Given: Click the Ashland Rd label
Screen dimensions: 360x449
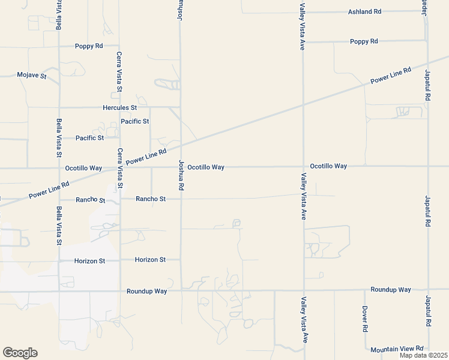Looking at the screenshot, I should pyautogui.click(x=365, y=11).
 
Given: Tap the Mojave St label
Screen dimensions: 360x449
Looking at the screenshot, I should pyautogui.click(x=32, y=76).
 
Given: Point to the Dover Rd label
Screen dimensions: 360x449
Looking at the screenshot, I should pyautogui.click(x=364, y=320).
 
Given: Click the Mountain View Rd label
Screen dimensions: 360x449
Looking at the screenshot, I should pyautogui.click(x=397, y=349).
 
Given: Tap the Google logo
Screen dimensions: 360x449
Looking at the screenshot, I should pyautogui.click(x=20, y=353).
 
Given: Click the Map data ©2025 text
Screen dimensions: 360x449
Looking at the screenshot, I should pyautogui.click(x=423, y=355).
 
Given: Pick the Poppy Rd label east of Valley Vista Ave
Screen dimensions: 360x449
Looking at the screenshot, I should pyautogui.click(x=364, y=41).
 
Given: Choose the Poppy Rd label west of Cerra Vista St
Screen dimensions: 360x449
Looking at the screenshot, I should pyautogui.click(x=89, y=46).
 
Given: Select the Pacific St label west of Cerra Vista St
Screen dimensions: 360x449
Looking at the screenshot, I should pyautogui.click(x=89, y=138).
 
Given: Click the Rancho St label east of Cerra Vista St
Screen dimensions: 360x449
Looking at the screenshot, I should pyautogui.click(x=151, y=199).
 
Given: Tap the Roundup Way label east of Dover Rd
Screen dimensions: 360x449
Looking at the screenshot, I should pyautogui.click(x=391, y=289).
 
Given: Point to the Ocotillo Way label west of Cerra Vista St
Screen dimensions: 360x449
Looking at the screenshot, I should pyautogui.click(x=83, y=168).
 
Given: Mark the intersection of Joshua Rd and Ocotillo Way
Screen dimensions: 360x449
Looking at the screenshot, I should pyautogui.click(x=181, y=167).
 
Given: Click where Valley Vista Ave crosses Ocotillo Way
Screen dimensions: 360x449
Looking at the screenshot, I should pyautogui.click(x=303, y=166).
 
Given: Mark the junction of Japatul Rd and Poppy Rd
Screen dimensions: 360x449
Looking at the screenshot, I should pyautogui.click(x=427, y=41).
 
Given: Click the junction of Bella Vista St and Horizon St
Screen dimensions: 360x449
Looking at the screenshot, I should pyautogui.click(x=59, y=260).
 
